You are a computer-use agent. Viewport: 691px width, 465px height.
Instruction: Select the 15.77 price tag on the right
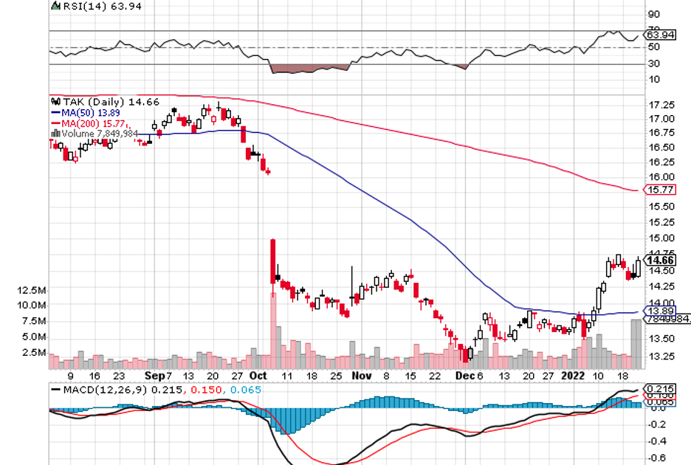[659, 190]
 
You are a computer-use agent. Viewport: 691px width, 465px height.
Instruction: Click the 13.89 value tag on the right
[659, 311]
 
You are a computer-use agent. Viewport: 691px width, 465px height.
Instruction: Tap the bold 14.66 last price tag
[659, 260]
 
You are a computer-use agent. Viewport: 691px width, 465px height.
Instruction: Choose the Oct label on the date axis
[258, 375]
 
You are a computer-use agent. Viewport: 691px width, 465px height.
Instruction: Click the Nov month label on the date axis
[361, 375]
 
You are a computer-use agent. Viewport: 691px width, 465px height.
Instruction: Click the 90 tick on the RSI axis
[653, 14]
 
